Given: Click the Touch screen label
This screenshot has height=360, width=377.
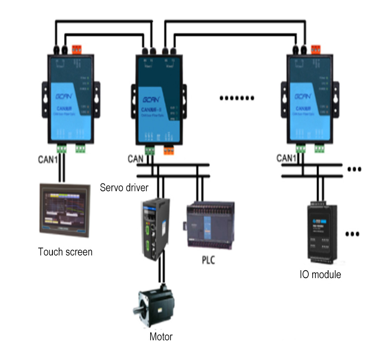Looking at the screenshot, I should (x=65, y=252).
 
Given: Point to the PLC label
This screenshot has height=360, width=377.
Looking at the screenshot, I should (x=208, y=260).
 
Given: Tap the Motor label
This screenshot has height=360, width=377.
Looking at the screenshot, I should (x=161, y=337).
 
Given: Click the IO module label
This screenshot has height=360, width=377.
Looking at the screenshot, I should (x=320, y=275).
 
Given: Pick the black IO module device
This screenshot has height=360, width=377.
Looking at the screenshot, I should (x=320, y=231).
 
